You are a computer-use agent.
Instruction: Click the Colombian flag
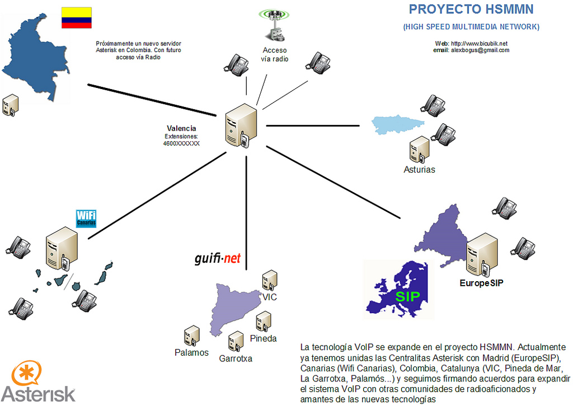[77, 18]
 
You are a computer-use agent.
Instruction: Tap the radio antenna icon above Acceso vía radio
[274, 25]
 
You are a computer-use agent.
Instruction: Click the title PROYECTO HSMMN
[471, 9]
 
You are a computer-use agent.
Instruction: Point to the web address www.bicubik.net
[479, 43]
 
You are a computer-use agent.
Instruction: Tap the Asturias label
[419, 169]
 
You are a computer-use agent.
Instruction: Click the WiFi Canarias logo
[86, 218]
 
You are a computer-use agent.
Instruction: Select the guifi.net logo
[217, 258]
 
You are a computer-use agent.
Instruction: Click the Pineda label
[263, 338]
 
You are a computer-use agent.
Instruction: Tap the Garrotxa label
[236, 359]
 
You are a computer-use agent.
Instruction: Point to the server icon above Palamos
[192, 335]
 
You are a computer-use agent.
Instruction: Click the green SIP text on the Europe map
[408, 296]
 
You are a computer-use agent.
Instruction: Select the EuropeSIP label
[482, 283]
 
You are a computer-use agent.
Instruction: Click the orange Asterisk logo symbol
[26, 374]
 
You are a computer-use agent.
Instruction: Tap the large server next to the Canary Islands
[60, 248]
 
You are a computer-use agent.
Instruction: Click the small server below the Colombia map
[11, 105]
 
